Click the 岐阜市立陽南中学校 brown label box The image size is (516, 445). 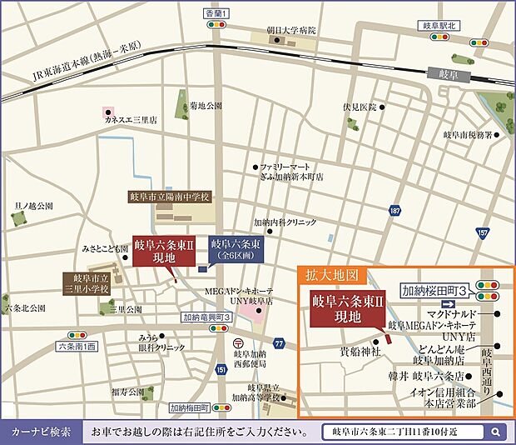[x=171, y=197]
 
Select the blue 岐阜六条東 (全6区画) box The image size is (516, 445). [x=235, y=249]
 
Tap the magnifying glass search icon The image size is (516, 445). [x=495, y=432]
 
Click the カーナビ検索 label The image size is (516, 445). [x=41, y=432]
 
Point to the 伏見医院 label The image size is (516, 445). [x=360, y=107]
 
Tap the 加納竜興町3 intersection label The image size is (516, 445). [x=206, y=317]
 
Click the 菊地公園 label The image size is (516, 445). [x=206, y=106]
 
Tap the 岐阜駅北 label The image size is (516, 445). [x=436, y=26]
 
